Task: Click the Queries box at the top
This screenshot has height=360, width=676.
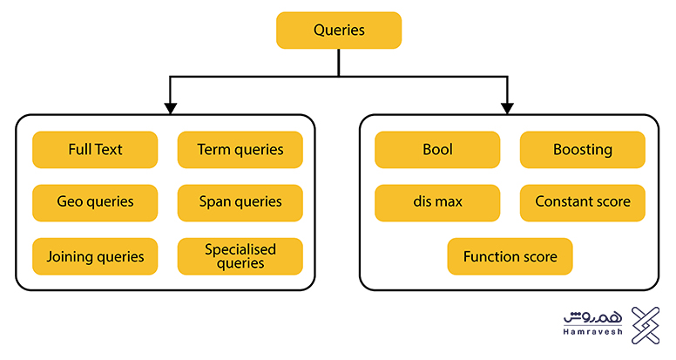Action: point(339,31)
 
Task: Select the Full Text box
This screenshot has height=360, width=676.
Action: point(95,150)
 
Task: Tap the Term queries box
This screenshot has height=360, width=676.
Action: point(240,150)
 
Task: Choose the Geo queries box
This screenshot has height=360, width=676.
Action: point(95,202)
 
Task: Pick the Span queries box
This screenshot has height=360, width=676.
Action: point(240,202)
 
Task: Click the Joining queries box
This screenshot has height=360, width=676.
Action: point(95,257)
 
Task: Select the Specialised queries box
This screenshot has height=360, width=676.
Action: point(240,256)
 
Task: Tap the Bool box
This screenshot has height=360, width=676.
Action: point(437,150)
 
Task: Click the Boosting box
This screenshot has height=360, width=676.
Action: point(583,150)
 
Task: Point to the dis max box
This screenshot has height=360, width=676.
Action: point(437,202)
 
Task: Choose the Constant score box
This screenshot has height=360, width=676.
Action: point(583,202)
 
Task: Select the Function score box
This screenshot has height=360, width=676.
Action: point(510,257)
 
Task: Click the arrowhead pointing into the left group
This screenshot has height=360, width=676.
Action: point(170,107)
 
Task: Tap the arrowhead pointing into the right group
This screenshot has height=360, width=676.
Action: point(509,107)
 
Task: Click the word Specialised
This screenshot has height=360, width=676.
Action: point(240,250)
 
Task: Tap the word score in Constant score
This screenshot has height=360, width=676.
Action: point(608,202)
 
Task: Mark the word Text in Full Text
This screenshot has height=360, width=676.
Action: point(109,150)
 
